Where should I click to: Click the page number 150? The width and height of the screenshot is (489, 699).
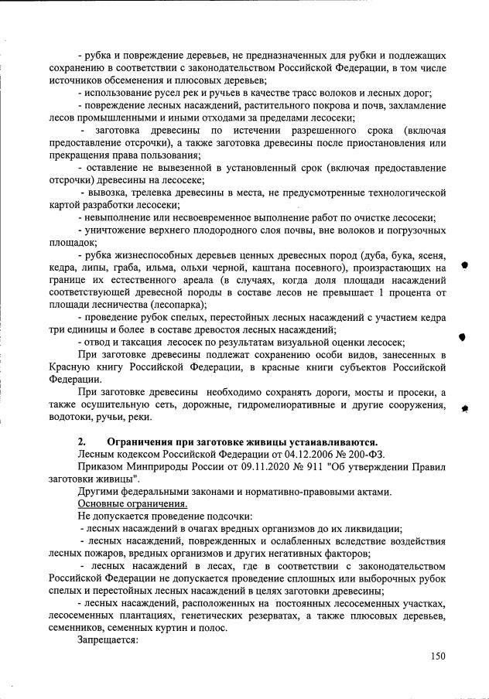click(x=438, y=656)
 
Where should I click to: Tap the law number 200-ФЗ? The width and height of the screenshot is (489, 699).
click(x=364, y=453)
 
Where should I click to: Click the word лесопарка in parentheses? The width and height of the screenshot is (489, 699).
click(x=170, y=305)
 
